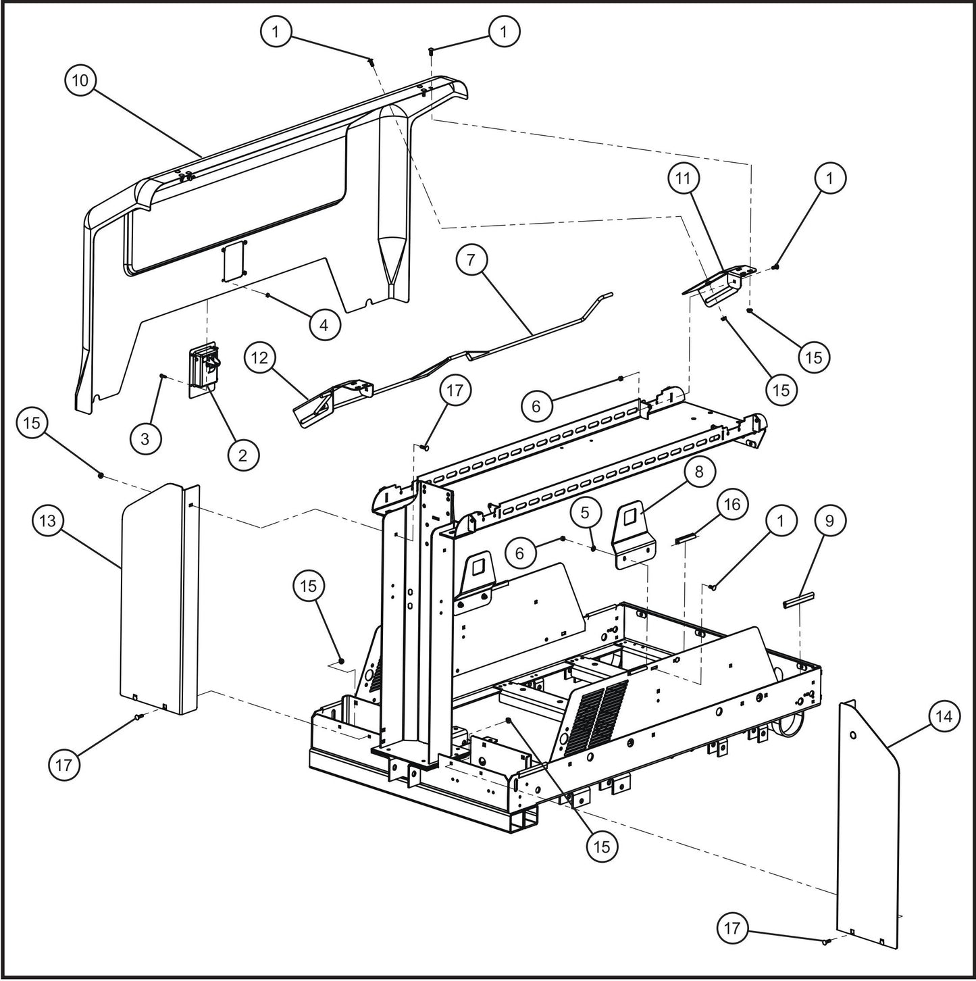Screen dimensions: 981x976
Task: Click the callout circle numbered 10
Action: click(x=80, y=80)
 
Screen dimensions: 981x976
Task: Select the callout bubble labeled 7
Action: click(x=472, y=259)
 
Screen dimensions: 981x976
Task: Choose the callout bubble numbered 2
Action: click(x=242, y=455)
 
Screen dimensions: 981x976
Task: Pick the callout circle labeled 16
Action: click(x=732, y=505)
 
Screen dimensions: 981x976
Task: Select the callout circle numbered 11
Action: click(x=684, y=178)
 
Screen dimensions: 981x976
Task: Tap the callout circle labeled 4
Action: click(x=324, y=325)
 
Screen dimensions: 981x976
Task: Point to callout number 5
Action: click(x=586, y=512)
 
